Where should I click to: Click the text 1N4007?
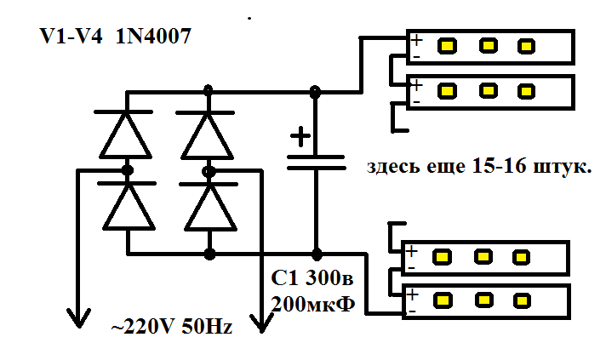(x=153, y=37)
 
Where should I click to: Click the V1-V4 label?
(x=71, y=37)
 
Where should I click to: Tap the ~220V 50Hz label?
(x=172, y=327)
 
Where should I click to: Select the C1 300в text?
(x=312, y=277)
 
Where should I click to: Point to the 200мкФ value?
(x=313, y=305)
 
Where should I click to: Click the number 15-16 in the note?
(x=499, y=166)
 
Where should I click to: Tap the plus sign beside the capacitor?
(x=300, y=137)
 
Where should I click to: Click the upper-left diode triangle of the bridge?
(x=126, y=136)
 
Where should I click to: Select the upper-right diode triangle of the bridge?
(x=208, y=136)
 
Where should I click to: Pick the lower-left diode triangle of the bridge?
(x=129, y=207)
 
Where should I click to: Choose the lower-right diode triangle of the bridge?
(x=211, y=208)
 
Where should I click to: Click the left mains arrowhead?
(x=79, y=317)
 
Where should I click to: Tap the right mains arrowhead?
(x=261, y=323)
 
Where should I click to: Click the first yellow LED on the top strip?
(x=447, y=46)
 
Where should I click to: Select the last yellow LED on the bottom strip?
(x=522, y=301)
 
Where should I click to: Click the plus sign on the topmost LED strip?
(x=417, y=40)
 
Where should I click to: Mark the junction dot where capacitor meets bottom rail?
(x=317, y=254)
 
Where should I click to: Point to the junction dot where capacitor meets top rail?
(x=316, y=92)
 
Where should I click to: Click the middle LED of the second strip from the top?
(x=489, y=91)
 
